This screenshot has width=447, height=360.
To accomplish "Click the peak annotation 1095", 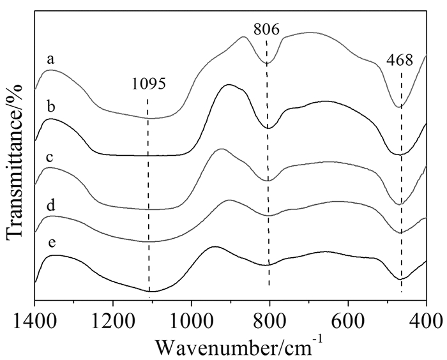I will [149, 84].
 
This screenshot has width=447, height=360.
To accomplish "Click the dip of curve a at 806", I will [268, 63].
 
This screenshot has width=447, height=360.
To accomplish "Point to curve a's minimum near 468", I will [400, 107].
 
